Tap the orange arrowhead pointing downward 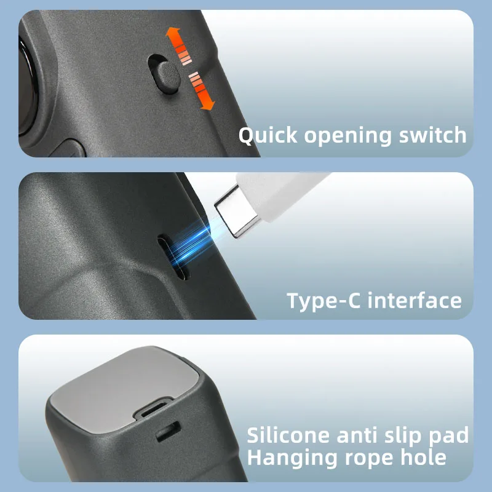[x=208, y=103]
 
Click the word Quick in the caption [x=269, y=135]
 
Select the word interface [x=418, y=301]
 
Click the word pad [x=451, y=436]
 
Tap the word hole [x=424, y=458]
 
